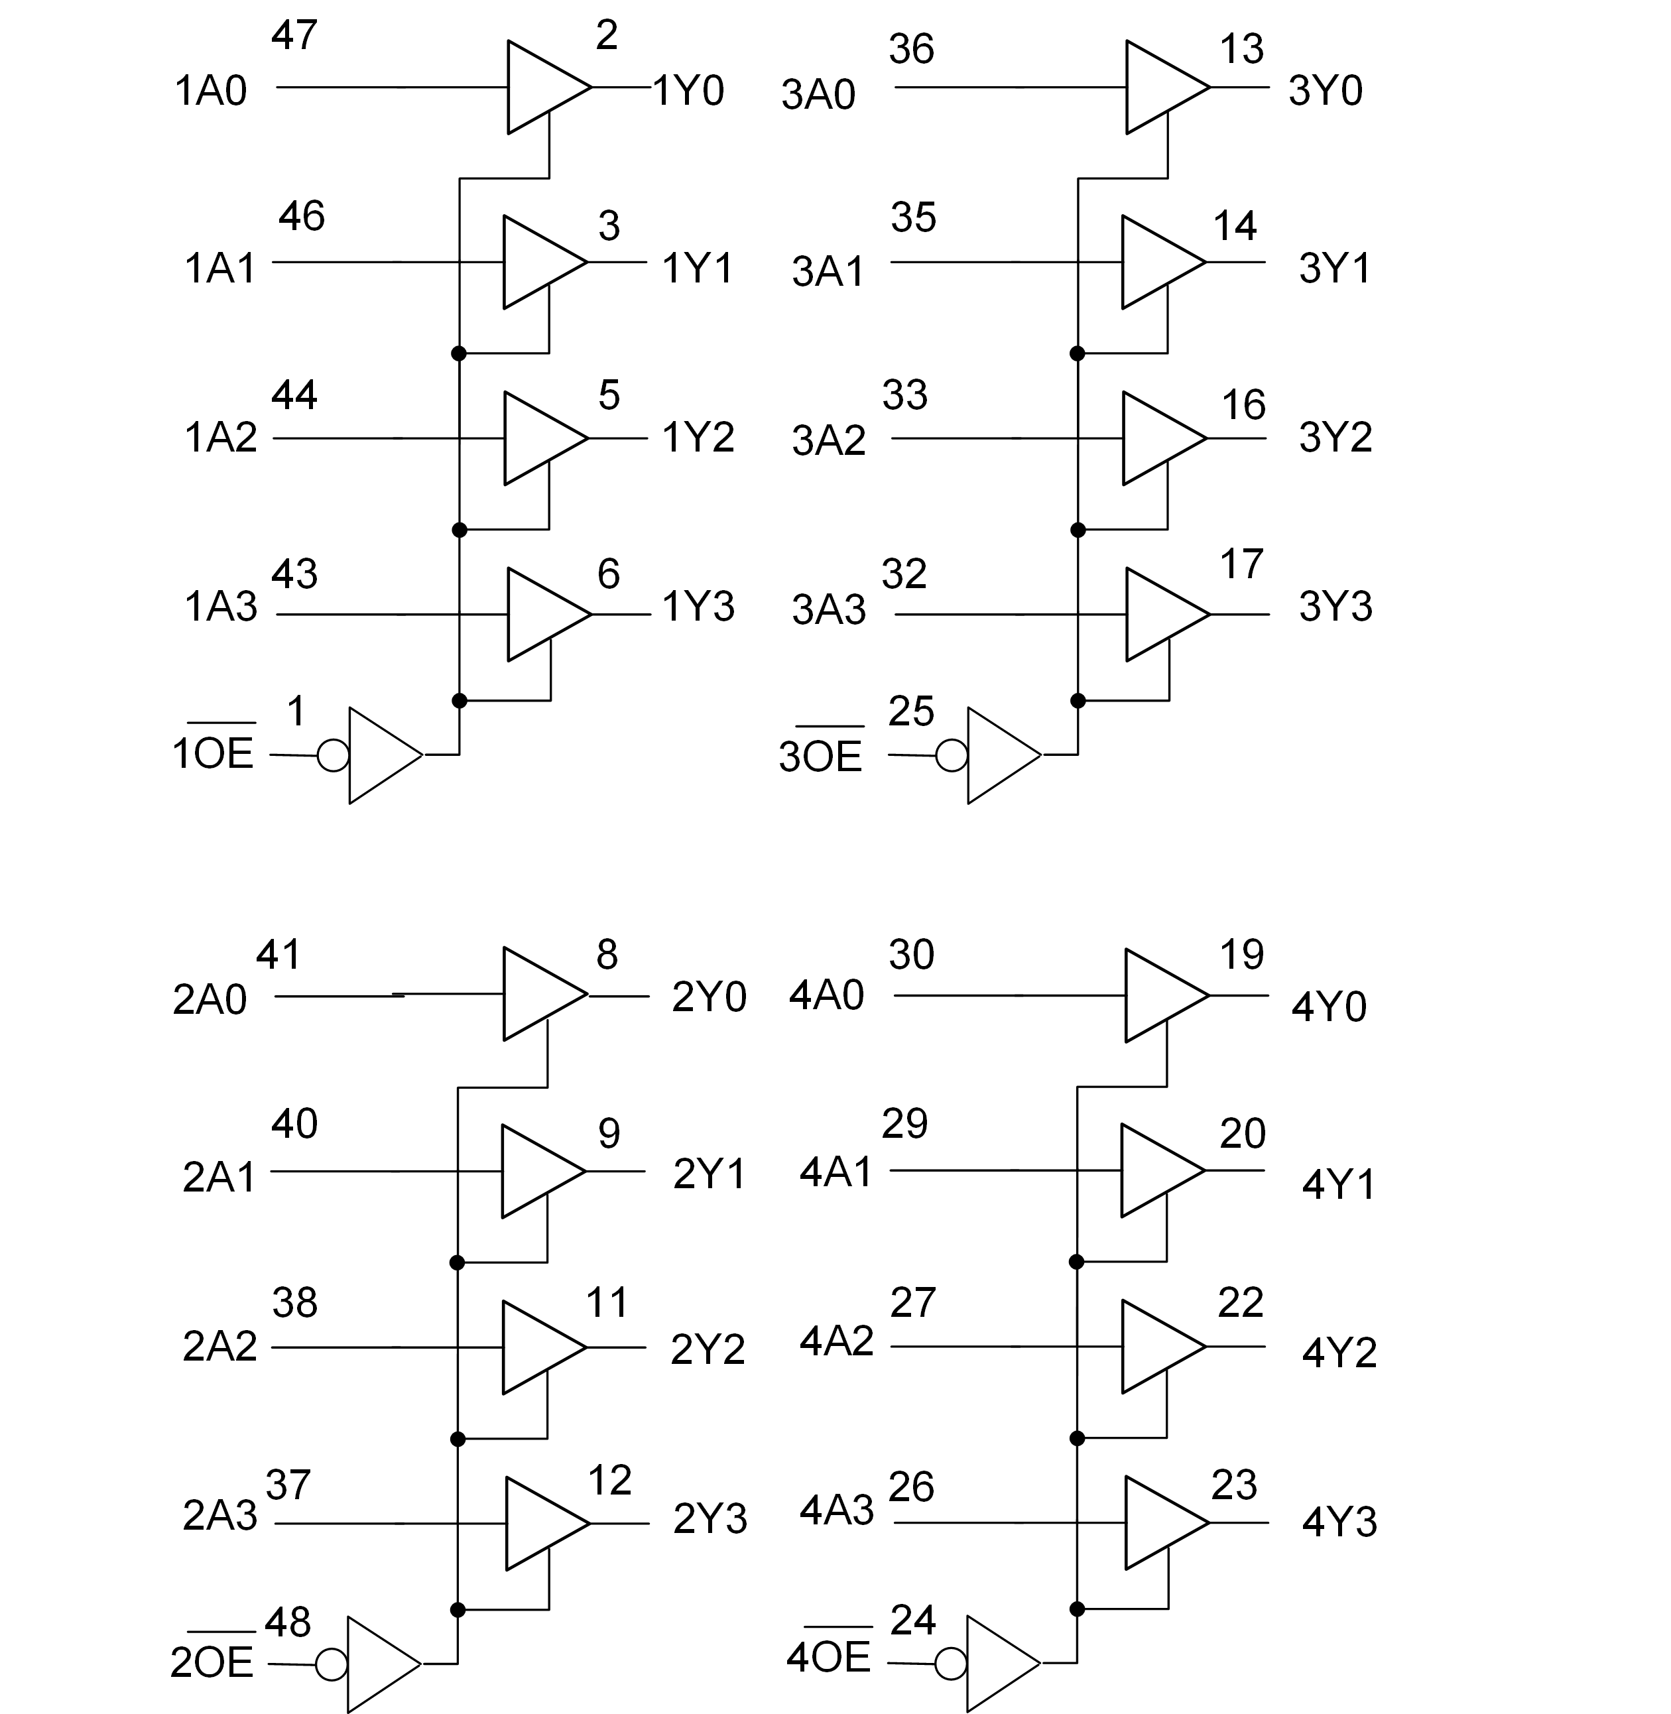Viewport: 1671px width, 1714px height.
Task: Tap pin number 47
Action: [x=293, y=35]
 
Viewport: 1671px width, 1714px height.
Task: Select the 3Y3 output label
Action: [x=1335, y=607]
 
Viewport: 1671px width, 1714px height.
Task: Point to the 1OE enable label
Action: [x=214, y=754]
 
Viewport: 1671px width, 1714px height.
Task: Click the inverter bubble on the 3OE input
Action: [x=952, y=755]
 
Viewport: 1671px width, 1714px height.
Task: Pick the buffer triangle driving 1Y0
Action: [x=542, y=88]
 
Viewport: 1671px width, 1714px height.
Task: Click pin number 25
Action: [x=911, y=711]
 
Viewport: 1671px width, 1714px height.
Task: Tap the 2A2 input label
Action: [x=219, y=1346]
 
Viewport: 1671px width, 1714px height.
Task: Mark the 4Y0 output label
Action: [x=1329, y=1007]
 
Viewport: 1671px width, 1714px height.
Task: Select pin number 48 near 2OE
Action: [x=288, y=1622]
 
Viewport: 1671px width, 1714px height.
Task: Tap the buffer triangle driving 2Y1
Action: [x=536, y=1171]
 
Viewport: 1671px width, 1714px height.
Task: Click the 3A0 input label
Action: [x=818, y=95]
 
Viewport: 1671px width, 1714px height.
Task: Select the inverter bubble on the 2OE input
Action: [x=331, y=1664]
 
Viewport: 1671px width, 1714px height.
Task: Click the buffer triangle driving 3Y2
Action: [x=1158, y=438]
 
